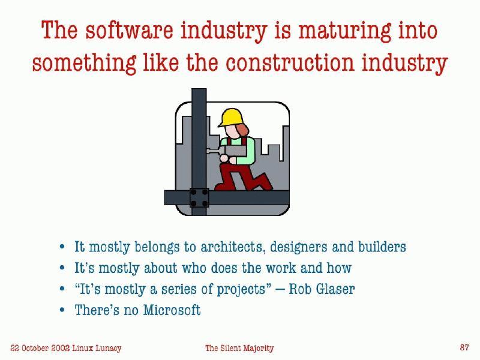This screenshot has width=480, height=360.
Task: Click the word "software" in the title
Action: (129, 30)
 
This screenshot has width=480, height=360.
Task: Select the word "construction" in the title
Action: (290, 63)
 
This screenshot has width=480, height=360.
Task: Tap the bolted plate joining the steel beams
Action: (199, 198)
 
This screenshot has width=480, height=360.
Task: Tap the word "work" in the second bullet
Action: (281, 268)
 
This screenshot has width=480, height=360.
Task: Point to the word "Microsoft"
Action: (172, 310)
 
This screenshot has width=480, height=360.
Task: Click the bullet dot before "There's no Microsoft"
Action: (62, 310)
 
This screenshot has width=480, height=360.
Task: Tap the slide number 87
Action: (464, 347)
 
